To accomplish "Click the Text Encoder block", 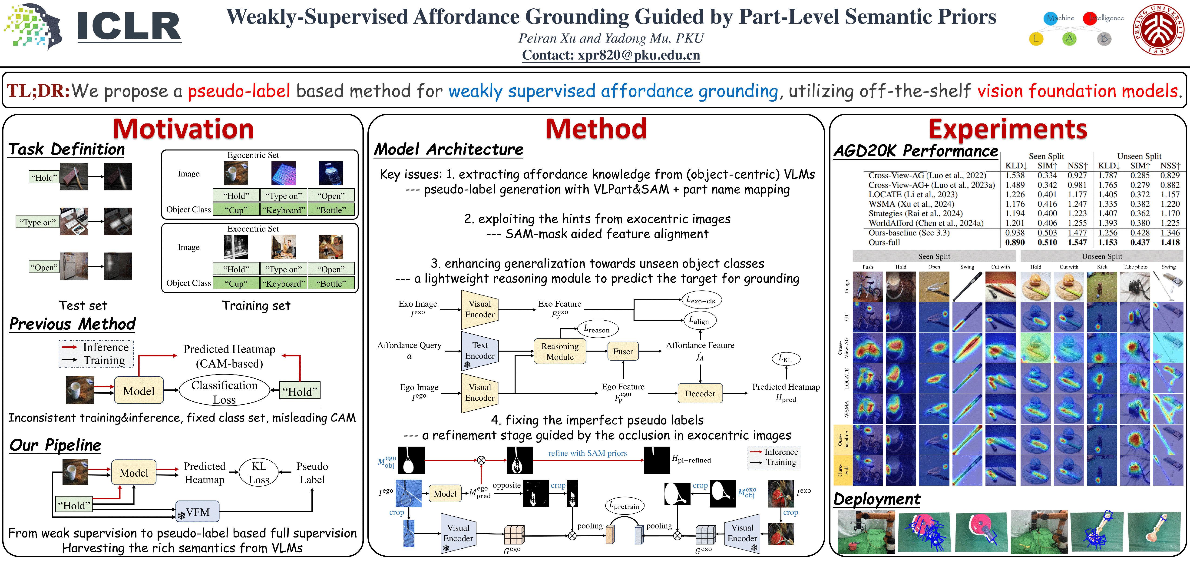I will pos(479,351).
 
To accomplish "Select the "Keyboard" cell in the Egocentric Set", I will pos(283,210).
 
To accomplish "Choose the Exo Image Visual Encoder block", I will pos(479,309).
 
